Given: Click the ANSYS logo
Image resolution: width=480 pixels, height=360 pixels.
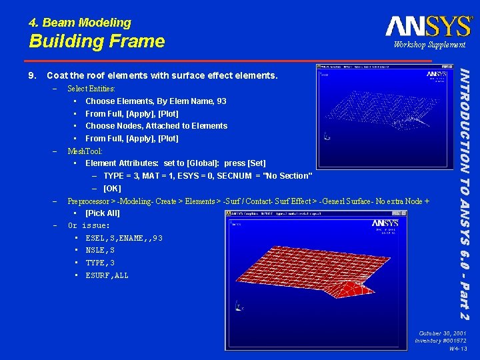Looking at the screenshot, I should pyautogui.click(x=428, y=26).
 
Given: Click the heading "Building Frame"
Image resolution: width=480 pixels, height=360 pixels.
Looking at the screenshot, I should pyautogui.click(x=97, y=41).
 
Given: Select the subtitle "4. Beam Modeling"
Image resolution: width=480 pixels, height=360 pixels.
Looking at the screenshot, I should pyautogui.click(x=80, y=23).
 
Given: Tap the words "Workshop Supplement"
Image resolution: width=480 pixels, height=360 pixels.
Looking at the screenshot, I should pyautogui.click(x=429, y=45).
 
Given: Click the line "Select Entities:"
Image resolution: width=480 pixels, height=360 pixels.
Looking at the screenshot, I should pyautogui.click(x=91, y=88).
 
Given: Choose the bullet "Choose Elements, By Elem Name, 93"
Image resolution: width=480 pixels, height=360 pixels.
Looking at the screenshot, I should pyautogui.click(x=155, y=101).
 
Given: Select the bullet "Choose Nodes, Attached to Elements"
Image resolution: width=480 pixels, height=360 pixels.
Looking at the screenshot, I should pyautogui.click(x=156, y=125).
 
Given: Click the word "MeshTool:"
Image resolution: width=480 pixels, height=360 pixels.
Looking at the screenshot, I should pyautogui.click(x=85, y=151).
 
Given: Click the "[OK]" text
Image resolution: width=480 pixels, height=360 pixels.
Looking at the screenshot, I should pyautogui.click(x=112, y=188).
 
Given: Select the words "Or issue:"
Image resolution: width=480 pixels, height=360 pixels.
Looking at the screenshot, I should pyautogui.click(x=89, y=225).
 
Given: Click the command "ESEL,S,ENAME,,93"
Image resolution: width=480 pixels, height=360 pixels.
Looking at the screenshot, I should pyautogui.click(x=123, y=238).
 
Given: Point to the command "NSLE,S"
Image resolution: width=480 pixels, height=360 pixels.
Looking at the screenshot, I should pyautogui.click(x=100, y=250).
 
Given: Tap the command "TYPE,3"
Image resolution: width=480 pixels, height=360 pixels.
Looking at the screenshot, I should pyautogui.click(x=100, y=263).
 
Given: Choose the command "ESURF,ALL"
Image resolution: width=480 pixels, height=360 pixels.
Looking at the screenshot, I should pyautogui.click(x=107, y=275).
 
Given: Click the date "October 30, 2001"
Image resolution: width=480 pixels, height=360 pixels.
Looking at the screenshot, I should pyautogui.click(x=442, y=333).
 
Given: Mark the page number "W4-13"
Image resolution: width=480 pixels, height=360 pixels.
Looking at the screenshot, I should pyautogui.click(x=457, y=349).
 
